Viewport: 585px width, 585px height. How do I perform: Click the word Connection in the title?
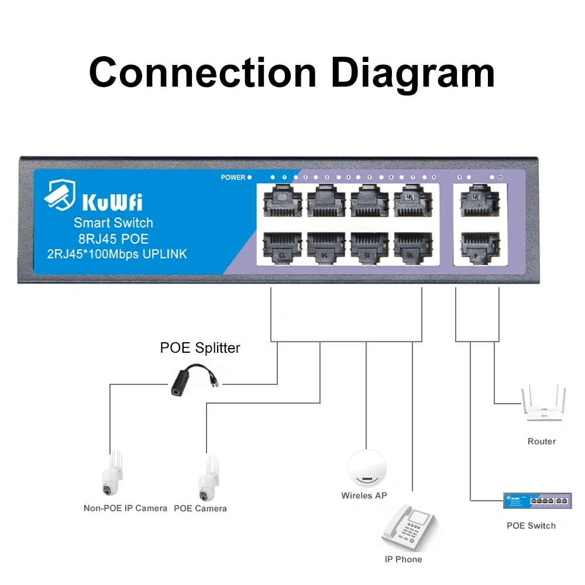coord(202,73)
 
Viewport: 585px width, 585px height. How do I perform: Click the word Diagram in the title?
coord(412,73)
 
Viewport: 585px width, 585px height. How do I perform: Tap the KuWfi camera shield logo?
coord(60,195)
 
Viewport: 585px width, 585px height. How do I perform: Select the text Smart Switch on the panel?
coord(113,223)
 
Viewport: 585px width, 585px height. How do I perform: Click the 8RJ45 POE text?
coord(113,239)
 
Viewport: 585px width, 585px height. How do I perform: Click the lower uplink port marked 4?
coord(480,246)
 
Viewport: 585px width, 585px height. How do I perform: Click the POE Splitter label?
coord(200,348)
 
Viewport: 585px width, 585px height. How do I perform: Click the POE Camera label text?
coord(200,508)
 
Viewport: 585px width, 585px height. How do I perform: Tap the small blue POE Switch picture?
coord(537,500)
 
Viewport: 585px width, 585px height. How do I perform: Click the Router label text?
coord(541,442)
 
